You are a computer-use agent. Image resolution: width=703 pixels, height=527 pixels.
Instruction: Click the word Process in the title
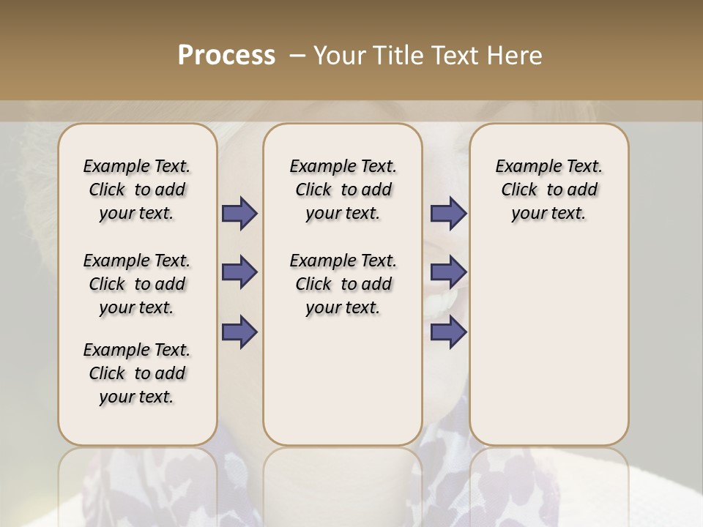coord(226,56)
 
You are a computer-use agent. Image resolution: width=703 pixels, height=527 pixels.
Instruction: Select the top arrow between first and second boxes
coord(239,213)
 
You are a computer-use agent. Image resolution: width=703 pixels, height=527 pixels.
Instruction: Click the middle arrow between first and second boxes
coord(239,272)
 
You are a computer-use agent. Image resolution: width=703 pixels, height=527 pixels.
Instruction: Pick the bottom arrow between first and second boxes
coord(239,332)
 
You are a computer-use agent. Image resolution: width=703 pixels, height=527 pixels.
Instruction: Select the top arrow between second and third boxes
coord(448,213)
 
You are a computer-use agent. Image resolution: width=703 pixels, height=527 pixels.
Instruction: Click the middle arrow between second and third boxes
coord(448,272)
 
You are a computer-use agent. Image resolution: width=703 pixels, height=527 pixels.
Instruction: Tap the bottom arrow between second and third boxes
coord(448,332)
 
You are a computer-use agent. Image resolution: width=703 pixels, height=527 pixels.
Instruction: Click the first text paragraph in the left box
coord(137,190)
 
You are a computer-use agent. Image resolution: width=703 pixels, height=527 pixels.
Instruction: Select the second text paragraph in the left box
coord(137,284)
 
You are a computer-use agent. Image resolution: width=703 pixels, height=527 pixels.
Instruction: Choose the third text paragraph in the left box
coord(137,373)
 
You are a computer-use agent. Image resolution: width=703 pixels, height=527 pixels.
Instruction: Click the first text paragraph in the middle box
coord(343,190)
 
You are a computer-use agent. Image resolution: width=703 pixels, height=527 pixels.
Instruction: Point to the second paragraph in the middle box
coord(343,284)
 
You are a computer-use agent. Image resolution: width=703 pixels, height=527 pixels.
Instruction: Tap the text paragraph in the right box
coord(549,190)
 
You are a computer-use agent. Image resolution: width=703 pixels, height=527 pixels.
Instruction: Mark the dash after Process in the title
coord(297,56)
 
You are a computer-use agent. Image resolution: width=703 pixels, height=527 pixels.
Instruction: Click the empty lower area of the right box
coord(549,351)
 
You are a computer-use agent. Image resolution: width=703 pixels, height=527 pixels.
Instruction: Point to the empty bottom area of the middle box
coord(343,388)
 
